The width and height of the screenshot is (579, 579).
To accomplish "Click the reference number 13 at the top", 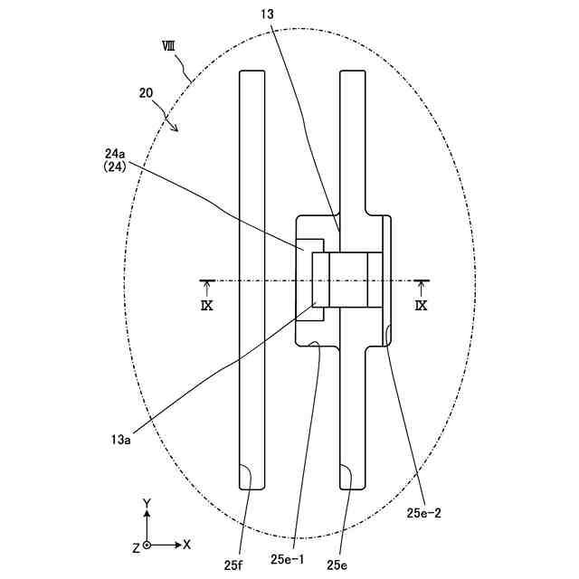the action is click(x=268, y=14).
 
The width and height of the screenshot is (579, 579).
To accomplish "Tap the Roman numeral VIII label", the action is click(x=168, y=46).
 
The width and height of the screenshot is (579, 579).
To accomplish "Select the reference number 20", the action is click(x=146, y=92).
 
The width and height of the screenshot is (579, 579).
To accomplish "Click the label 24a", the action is click(x=115, y=153).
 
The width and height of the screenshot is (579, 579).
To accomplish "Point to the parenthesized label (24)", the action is click(x=115, y=167).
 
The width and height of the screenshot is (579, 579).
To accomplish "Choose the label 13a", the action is click(x=120, y=440).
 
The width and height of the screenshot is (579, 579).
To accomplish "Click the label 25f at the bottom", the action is click(x=233, y=565).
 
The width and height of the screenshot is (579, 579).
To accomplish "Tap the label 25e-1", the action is click(x=288, y=560).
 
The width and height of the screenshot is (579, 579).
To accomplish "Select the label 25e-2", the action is click(x=424, y=513).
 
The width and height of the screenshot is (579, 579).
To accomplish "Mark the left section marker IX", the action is click(x=207, y=306).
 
